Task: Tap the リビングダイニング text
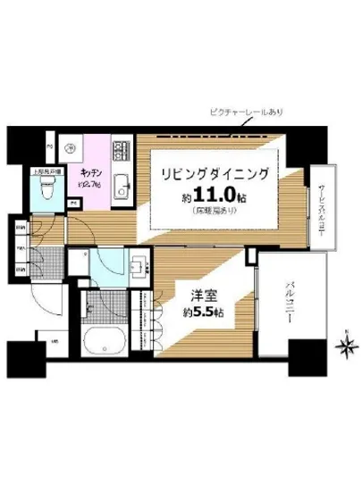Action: tap(214, 172)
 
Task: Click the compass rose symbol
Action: tap(345, 341)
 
